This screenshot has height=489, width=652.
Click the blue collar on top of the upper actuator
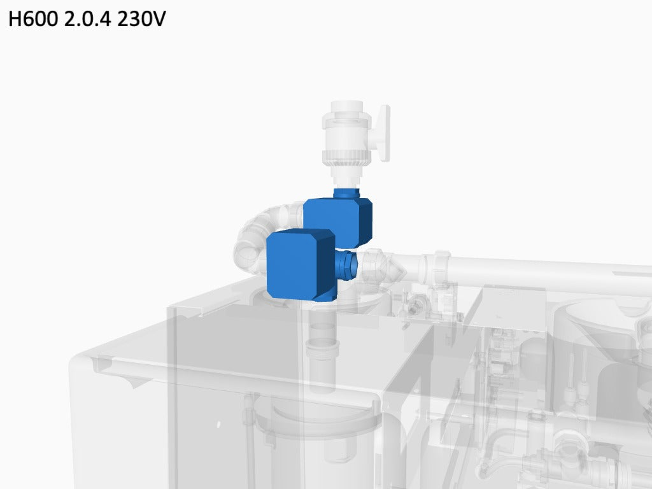(x=347, y=193)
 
